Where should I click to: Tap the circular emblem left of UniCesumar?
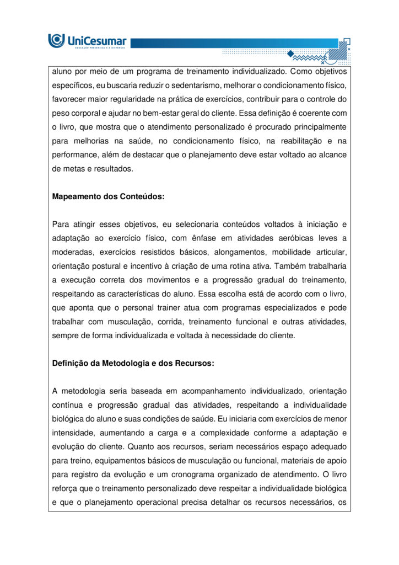[56, 40]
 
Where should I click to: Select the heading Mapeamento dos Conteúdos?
[108, 196]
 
